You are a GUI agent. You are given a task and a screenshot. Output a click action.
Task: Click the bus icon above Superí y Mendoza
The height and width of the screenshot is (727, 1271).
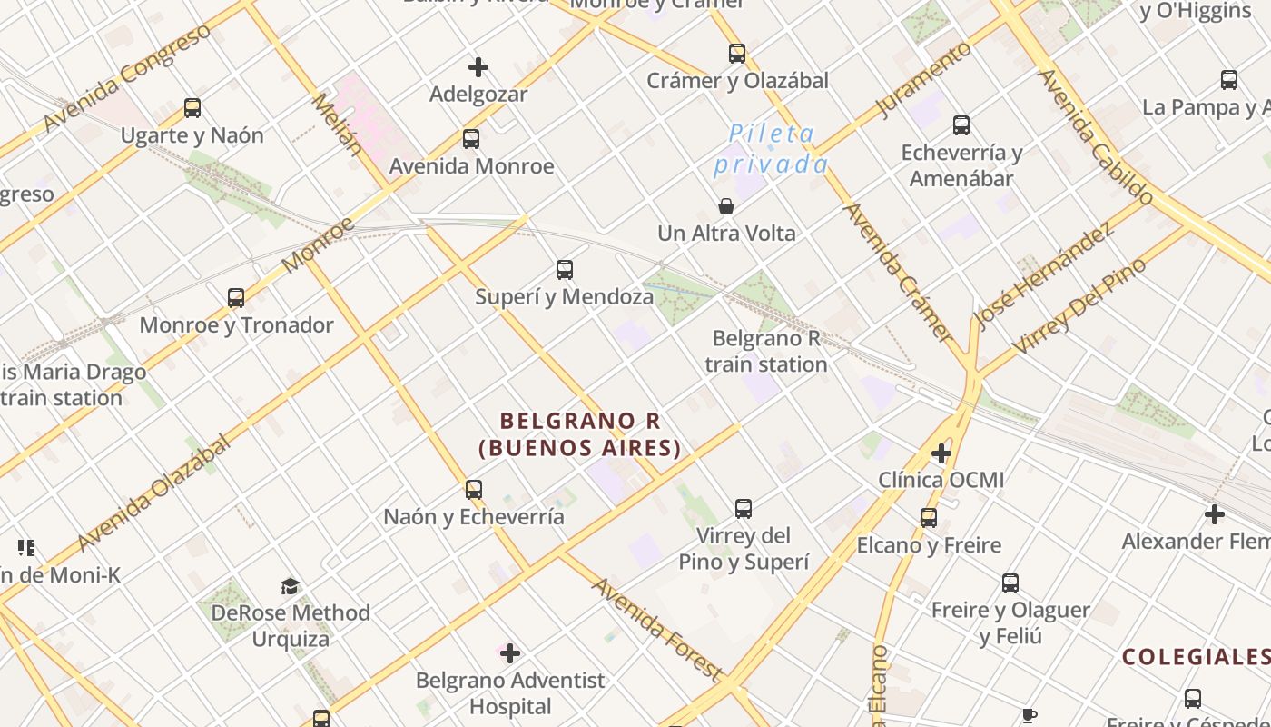565,270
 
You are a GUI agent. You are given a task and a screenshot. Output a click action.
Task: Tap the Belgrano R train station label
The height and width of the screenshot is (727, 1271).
766,352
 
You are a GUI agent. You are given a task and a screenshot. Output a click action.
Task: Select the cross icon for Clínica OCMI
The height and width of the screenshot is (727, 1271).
941,453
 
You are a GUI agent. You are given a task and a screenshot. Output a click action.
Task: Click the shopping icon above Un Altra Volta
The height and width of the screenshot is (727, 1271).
726,206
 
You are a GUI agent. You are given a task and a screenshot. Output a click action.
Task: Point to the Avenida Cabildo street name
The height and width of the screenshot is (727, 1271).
1097,136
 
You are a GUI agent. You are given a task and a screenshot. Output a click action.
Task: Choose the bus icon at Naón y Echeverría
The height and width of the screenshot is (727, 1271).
473,490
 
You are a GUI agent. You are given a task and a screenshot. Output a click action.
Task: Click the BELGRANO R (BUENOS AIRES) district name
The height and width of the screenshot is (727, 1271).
580,434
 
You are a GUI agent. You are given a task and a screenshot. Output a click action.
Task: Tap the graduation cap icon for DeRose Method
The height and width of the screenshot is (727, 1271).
290,586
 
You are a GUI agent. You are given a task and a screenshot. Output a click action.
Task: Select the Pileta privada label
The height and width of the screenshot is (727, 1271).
771,149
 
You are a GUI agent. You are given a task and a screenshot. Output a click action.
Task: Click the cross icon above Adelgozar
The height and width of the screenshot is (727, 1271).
478,67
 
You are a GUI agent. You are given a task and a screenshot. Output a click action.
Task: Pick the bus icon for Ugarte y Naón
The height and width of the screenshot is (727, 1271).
192,108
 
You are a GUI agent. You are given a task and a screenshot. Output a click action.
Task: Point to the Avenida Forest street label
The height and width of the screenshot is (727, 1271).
656,628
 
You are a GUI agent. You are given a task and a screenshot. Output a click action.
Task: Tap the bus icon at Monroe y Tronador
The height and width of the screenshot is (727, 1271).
236,298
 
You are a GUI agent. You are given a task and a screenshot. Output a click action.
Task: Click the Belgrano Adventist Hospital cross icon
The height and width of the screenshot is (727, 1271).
510,653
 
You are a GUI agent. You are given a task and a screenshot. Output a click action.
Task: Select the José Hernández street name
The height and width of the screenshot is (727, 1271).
1044,275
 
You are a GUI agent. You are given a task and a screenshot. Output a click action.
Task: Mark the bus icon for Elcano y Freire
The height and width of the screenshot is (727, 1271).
929,518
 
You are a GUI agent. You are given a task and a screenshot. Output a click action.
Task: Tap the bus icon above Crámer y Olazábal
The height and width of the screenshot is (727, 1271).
737,54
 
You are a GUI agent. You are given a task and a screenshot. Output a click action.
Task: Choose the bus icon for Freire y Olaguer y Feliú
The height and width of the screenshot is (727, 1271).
1010,583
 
